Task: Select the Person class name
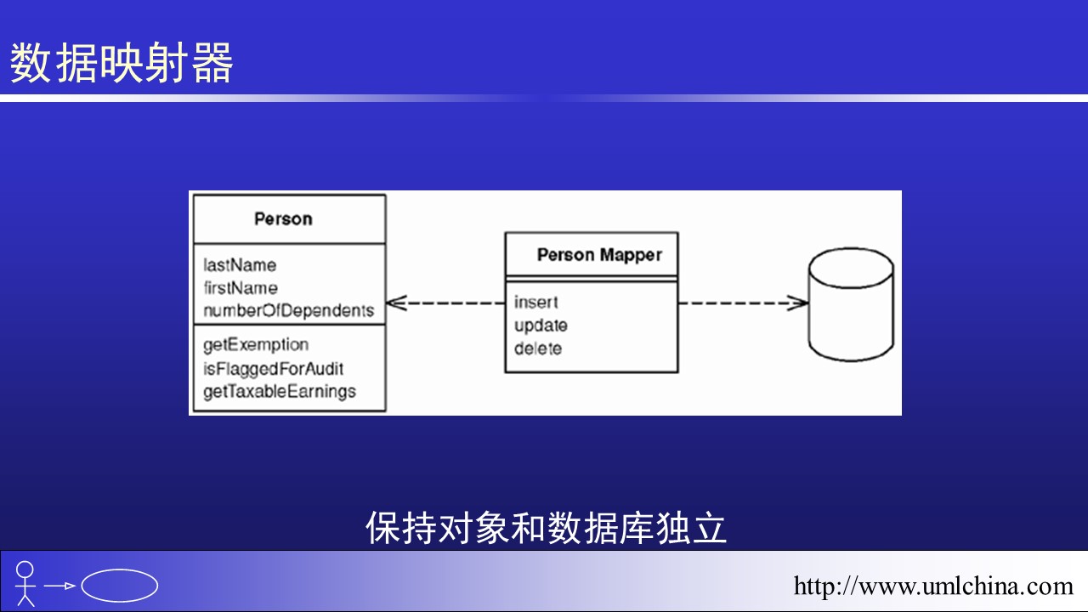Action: coord(283,219)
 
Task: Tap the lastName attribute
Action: coord(240,265)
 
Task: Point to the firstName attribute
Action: coord(241,288)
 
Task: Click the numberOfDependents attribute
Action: coord(288,311)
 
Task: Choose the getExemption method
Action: coord(256,345)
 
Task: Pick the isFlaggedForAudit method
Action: coord(273,369)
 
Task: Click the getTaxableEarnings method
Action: coord(280,392)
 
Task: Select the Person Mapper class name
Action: coord(599,255)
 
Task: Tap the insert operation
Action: coord(535,303)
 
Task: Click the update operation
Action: coord(541,326)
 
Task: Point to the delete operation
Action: coord(538,348)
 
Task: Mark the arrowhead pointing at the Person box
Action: coord(395,303)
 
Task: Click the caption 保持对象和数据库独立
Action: coord(546,528)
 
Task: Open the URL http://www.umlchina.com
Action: coord(933,586)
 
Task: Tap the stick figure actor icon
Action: coord(25,583)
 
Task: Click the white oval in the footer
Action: coord(120,585)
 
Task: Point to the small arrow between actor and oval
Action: coord(60,586)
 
